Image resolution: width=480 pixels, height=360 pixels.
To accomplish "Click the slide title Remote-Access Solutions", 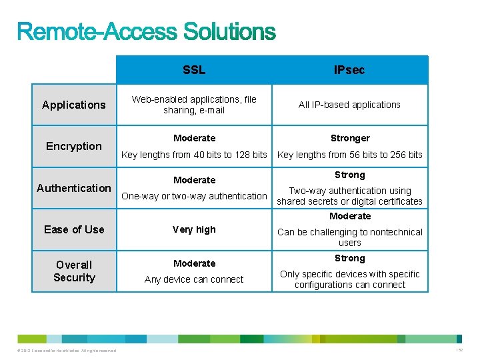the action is click(x=146, y=31).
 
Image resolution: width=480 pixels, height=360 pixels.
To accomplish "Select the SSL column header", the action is click(x=194, y=70).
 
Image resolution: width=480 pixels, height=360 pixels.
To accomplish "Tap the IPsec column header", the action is click(x=349, y=70).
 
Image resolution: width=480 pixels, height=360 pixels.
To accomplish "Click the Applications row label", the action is click(x=73, y=105).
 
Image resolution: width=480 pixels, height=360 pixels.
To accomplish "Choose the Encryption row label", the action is click(x=74, y=146).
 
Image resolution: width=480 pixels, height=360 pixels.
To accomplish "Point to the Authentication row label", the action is click(x=74, y=188).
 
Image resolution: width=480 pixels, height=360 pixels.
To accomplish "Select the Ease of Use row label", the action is click(x=74, y=229).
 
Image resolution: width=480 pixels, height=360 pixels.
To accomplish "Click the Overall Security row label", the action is click(x=74, y=271).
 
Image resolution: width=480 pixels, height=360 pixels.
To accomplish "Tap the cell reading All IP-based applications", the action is click(x=349, y=105).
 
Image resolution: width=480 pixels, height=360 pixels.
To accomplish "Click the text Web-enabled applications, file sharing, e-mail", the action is click(x=194, y=105).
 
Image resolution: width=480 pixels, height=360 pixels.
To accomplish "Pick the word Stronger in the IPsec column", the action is click(x=349, y=139).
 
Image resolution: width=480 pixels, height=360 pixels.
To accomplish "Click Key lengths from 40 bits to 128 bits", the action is click(x=194, y=155).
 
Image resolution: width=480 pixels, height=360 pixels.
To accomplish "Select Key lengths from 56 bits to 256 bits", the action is click(x=349, y=155).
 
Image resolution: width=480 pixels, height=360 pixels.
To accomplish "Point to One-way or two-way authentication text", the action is click(x=194, y=196).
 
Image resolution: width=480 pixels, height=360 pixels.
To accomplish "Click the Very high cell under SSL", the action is click(x=194, y=229).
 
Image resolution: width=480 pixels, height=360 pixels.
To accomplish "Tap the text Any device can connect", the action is click(x=194, y=279).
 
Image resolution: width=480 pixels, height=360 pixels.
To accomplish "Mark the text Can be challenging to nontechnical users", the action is click(x=349, y=237).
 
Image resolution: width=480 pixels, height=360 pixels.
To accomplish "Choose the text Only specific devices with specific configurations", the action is click(x=349, y=279).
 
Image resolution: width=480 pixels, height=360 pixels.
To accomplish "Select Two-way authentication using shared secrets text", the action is click(x=349, y=196).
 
